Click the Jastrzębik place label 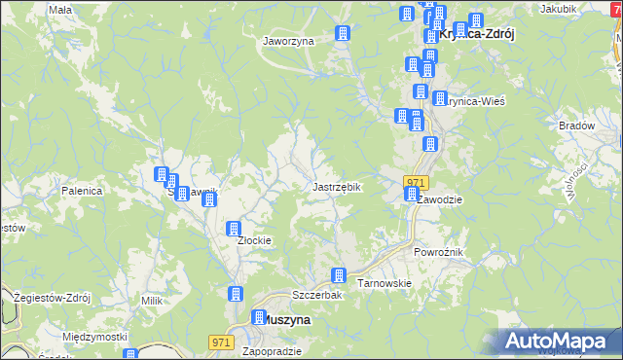(x=337, y=187)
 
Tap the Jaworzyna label (x=287, y=42)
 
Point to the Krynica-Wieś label (x=476, y=101)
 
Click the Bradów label (x=576, y=126)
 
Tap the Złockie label (x=254, y=240)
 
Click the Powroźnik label (x=438, y=252)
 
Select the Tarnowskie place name (x=385, y=283)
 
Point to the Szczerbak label (x=314, y=295)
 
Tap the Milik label (x=151, y=302)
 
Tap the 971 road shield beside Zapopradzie (x=222, y=342)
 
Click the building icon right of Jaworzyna (x=342, y=34)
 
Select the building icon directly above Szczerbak (x=339, y=276)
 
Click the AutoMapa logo (x=559, y=342)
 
